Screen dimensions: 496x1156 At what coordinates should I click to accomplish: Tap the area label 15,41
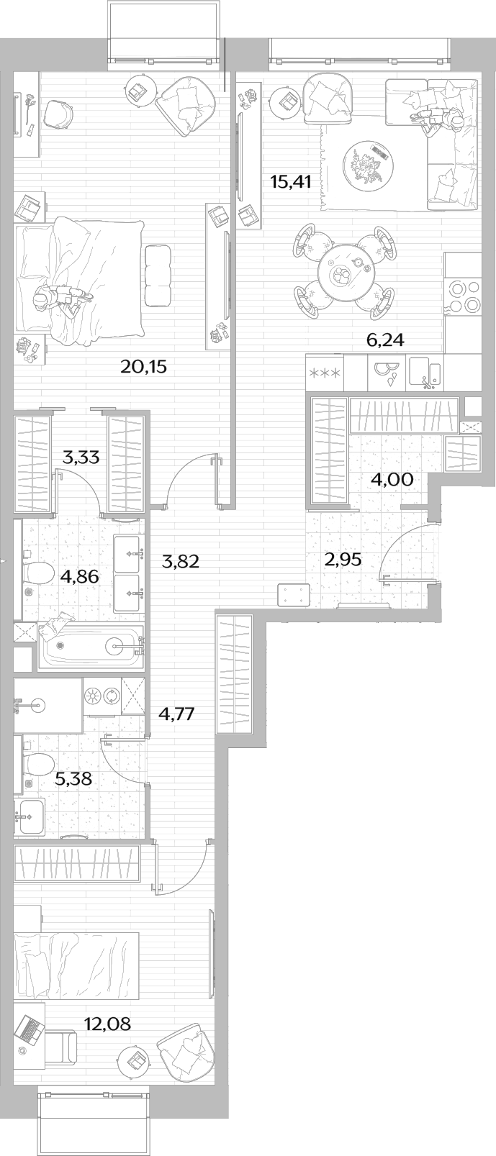(x=290, y=182)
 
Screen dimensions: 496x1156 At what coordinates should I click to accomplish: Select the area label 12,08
(x=107, y=1023)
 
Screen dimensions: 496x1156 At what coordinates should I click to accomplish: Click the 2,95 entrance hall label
(x=342, y=560)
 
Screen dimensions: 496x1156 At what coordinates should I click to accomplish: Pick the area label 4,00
(x=392, y=479)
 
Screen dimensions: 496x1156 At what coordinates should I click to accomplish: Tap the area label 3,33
(x=81, y=457)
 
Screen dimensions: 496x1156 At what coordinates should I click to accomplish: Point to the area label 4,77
(x=176, y=714)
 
